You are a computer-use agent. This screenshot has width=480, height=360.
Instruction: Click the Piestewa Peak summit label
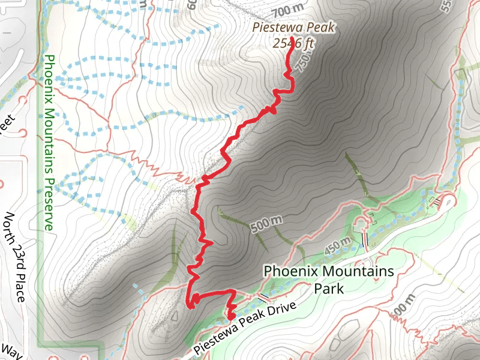pyautogui.click(x=293, y=27)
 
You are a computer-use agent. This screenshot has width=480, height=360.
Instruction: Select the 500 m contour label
pyautogui.click(x=265, y=225)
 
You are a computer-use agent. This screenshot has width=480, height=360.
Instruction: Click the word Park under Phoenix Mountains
pyautogui.click(x=329, y=289)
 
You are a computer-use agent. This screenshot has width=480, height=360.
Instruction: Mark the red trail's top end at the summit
pyautogui.click(x=292, y=38)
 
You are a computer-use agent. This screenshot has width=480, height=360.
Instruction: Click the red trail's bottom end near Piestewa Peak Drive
pyautogui.click(x=230, y=317)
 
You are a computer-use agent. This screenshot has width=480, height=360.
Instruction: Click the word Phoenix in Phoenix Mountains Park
pyautogui.click(x=289, y=271)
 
